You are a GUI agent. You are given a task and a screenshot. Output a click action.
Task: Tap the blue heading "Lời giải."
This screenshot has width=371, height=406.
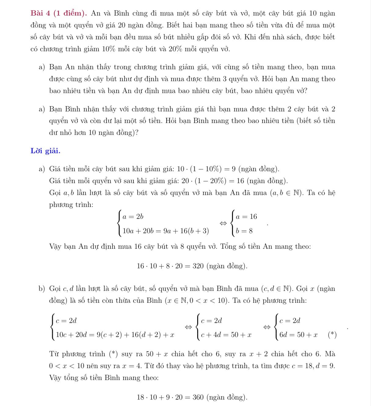coord(45,151)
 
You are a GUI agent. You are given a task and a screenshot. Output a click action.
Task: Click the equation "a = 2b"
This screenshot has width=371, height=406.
coord(133,217)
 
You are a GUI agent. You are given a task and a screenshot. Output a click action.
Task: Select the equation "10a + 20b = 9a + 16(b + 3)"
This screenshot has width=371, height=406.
coord(166,231)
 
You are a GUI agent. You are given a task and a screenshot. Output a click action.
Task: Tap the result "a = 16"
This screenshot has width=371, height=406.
coord(246,217)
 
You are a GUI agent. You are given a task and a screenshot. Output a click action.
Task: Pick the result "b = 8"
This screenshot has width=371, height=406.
coord(244,231)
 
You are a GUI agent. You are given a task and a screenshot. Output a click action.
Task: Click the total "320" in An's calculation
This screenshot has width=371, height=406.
coord(198,266)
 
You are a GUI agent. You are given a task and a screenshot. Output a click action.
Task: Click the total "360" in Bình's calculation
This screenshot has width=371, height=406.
coord(198,397)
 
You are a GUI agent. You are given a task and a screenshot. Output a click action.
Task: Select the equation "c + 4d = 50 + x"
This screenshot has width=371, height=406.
coord(226,335)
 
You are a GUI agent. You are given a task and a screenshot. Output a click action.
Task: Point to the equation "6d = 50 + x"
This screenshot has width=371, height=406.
coord(298,335)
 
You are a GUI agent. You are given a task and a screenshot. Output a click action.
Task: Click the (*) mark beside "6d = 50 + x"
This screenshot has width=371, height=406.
coord(332,335)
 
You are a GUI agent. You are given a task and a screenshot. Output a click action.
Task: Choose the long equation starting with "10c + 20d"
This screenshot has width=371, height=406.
coord(115,335)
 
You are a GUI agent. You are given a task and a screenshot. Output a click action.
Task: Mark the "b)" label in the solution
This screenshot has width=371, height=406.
coord(42,289)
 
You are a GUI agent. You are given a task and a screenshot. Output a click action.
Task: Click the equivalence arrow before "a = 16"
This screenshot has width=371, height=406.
coord(224,224)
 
